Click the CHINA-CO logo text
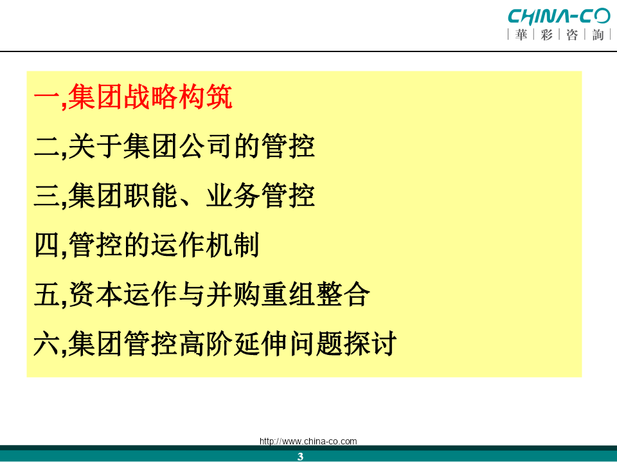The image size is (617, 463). click(559, 17)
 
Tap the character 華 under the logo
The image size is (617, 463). click(521, 35)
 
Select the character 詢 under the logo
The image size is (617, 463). click(598, 35)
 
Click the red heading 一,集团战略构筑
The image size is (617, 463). click(133, 97)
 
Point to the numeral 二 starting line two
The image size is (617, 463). click(46, 146)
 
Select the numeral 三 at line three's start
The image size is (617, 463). click(46, 195)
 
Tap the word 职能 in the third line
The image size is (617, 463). click(150, 195)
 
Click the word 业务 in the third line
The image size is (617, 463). click(232, 195)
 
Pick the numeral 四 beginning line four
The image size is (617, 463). click(46, 244)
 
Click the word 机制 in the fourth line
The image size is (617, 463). click(232, 244)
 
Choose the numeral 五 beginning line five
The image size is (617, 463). click(46, 294)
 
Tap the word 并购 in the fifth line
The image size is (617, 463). click(232, 294)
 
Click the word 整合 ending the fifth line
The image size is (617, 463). click(343, 294)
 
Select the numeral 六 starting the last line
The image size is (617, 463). click(46, 343)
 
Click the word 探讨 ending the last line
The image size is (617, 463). click(370, 343)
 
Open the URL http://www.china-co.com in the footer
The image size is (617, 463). click(308, 441)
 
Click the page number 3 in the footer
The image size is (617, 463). click(300, 457)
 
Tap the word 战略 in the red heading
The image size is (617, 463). click(150, 97)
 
